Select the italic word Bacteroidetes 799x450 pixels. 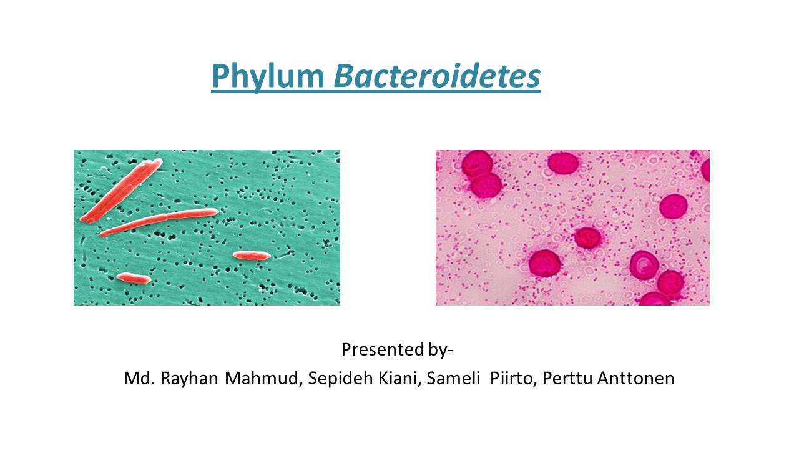(437, 76)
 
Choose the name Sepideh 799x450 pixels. (336, 379)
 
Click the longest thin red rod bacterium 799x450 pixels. (159, 222)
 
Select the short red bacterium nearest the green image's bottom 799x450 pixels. (134, 279)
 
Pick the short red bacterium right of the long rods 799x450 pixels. (252, 256)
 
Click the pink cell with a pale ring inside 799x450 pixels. (644, 265)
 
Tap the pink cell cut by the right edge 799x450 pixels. (706, 169)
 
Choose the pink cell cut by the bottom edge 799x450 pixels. (654, 300)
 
